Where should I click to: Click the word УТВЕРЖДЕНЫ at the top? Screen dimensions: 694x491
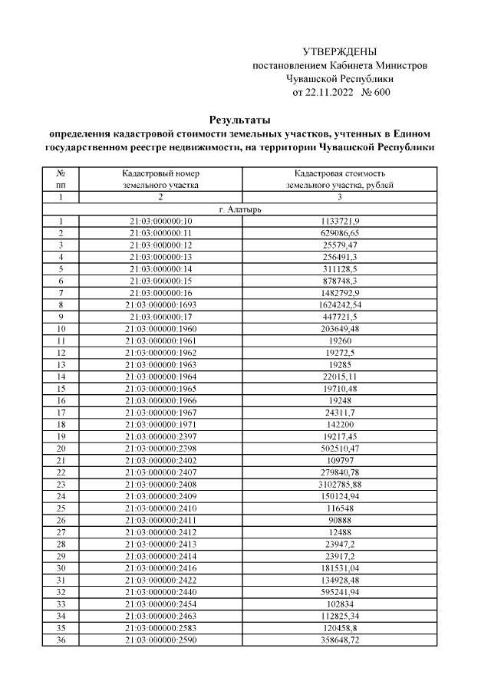[340, 52]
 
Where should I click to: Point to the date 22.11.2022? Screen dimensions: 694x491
[330, 93]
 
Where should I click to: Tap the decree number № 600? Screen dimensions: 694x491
[376, 93]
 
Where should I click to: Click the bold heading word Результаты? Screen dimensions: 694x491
[239, 120]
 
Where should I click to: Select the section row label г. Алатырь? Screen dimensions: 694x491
[239, 209]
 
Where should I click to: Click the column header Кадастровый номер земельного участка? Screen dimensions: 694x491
[161, 179]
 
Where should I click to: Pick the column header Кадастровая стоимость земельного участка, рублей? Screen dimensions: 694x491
[339, 179]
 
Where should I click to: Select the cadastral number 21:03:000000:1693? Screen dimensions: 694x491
[161, 304]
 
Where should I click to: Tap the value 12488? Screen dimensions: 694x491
[339, 531]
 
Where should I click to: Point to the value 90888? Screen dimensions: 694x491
[339, 520]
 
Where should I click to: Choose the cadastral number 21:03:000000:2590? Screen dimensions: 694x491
[161, 639]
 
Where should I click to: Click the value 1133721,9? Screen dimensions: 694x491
[339, 221]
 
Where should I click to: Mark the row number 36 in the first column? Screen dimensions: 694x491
[60, 639]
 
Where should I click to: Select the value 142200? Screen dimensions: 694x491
[339, 424]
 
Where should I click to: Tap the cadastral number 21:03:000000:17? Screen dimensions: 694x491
[161, 317]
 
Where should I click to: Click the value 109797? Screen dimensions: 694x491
[339, 460]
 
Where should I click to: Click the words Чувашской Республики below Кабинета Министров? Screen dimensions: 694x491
[340, 79]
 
